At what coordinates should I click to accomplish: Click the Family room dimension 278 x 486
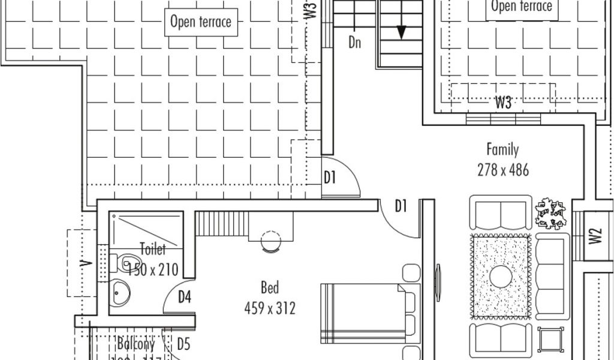[x=503, y=170]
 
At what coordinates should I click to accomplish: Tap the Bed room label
[x=270, y=288]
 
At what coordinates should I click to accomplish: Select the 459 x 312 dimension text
[x=270, y=308]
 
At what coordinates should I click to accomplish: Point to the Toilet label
[x=153, y=248]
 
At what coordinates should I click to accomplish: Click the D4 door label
[x=184, y=296]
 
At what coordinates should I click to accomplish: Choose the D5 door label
[x=183, y=344]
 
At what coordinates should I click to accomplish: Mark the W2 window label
[x=595, y=236]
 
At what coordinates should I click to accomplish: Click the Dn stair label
[x=355, y=43]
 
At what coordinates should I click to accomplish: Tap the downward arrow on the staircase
[x=401, y=31]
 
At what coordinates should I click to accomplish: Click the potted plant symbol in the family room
[x=550, y=213]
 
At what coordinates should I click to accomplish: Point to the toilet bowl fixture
[x=126, y=262]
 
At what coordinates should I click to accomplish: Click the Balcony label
[x=136, y=344]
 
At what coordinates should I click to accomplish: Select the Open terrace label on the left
[x=200, y=22]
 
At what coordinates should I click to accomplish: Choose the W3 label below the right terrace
[x=503, y=103]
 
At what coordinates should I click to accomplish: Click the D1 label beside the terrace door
[x=329, y=178]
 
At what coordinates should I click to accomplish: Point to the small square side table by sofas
[x=550, y=339]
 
